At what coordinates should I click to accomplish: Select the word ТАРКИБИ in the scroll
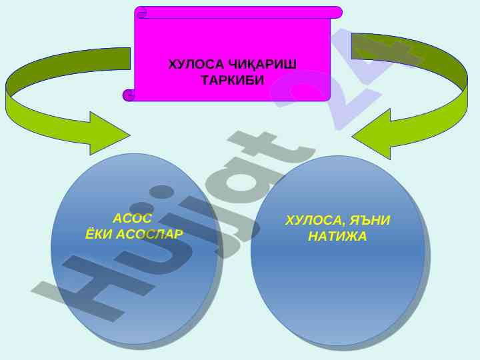233,80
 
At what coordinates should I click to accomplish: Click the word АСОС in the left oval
133,219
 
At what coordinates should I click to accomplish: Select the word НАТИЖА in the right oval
337,236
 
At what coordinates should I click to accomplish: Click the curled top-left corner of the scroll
141,12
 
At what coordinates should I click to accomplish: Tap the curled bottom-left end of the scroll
129,95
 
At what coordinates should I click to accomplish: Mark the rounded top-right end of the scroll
337,12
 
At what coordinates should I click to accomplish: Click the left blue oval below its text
133,293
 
